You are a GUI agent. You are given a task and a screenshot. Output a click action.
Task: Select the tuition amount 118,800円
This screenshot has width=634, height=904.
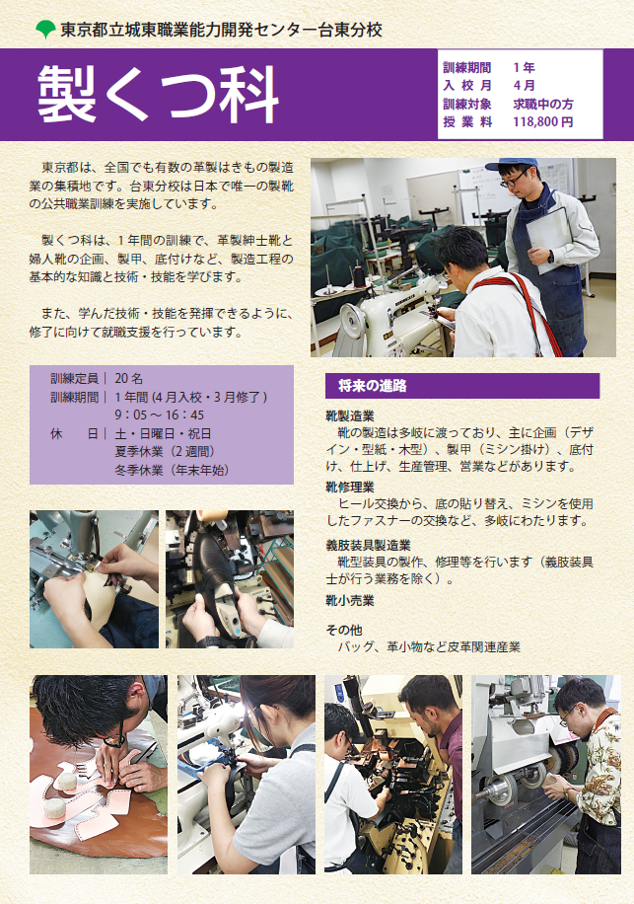(542, 121)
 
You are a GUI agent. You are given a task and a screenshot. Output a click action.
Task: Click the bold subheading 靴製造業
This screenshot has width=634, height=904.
(350, 416)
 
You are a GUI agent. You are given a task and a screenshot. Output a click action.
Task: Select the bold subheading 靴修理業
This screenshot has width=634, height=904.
(350, 487)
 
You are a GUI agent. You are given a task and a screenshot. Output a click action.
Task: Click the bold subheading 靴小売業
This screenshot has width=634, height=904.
(350, 600)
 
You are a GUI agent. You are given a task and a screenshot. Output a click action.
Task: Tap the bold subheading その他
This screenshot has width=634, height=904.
(344, 630)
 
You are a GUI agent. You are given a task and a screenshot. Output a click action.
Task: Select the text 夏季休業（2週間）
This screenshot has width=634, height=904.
(165, 452)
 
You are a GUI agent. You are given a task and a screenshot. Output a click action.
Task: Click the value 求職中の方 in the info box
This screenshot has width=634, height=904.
(542, 104)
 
